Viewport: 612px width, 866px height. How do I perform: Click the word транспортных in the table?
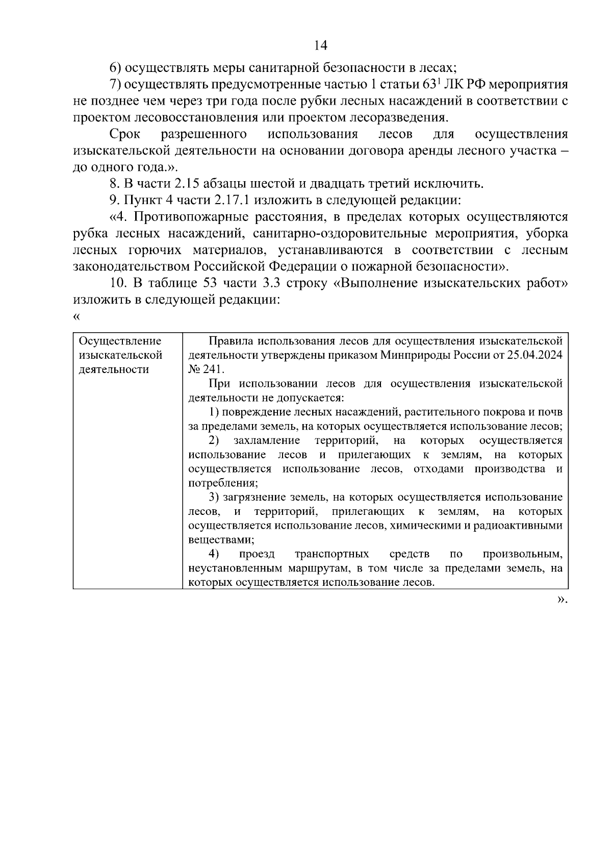pyautogui.click(x=332, y=554)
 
